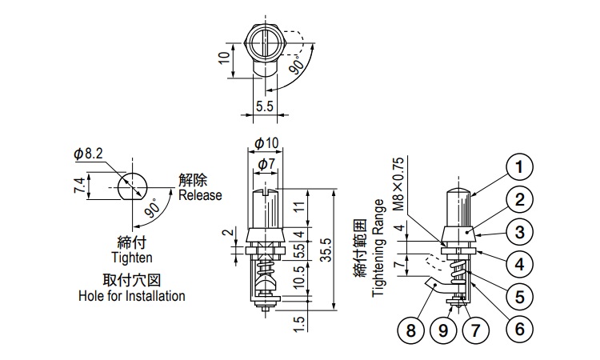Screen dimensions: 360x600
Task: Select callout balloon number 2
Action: [x=519, y=200]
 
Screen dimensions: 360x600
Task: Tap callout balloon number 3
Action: [x=519, y=233]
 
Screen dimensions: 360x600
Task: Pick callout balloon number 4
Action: [x=519, y=263]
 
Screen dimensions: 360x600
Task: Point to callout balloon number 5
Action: [x=519, y=296]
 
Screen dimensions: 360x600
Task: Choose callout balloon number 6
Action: [x=519, y=328]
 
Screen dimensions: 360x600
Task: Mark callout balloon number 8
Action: [x=410, y=328]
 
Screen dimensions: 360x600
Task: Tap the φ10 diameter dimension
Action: [x=266, y=142]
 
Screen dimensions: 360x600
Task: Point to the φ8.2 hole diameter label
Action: [x=88, y=153]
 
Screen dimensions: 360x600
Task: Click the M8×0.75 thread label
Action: [x=398, y=183]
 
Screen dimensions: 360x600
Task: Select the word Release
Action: [x=200, y=195]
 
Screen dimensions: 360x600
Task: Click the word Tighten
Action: [x=132, y=258]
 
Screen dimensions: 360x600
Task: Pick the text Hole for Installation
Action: [x=132, y=296]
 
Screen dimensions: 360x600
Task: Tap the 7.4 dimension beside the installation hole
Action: [x=78, y=186]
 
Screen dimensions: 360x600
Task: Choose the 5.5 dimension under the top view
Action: [x=265, y=105]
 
